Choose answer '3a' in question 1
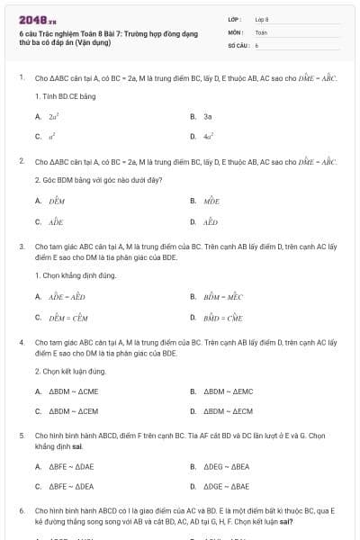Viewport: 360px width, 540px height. click(x=207, y=116)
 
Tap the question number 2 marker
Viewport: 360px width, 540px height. click(x=21, y=160)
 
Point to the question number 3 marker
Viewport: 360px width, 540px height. click(x=21, y=245)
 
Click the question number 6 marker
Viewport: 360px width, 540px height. click(x=21, y=510)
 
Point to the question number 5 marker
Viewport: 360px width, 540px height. click(x=21, y=435)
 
